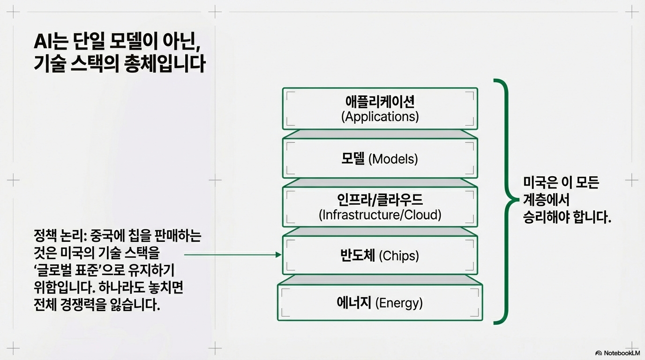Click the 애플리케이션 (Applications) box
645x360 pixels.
380,108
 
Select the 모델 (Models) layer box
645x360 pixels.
380,158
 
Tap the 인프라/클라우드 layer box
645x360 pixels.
380,207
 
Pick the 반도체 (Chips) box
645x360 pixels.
380,255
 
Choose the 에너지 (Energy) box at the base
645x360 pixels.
380,302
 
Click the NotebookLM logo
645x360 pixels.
618,353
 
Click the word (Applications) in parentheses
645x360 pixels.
380,116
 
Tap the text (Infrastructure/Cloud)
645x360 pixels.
380,215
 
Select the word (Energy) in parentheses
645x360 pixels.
399,303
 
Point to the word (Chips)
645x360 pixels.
398,255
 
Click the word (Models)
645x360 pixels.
393,159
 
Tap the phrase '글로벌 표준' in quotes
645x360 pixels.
67,271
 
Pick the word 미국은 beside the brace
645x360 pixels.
539,182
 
